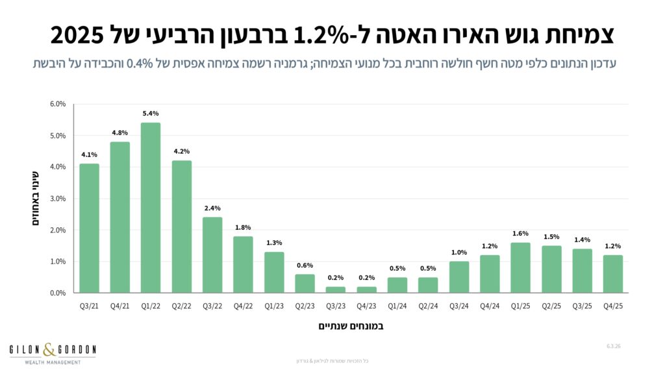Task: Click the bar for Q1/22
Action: (x=151, y=208)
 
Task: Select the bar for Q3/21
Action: (x=90, y=228)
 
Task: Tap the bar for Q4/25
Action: (x=612, y=273)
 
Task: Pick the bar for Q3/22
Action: (x=212, y=255)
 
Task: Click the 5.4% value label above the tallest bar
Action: (x=151, y=114)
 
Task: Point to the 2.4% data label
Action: (x=212, y=208)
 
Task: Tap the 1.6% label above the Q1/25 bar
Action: (x=520, y=234)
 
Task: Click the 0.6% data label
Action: (x=305, y=265)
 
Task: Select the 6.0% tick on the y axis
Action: (x=58, y=104)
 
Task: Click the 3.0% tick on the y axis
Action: (x=58, y=199)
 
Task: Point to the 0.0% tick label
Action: (x=58, y=293)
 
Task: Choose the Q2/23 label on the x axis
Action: (x=305, y=305)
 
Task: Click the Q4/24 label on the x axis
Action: (x=490, y=305)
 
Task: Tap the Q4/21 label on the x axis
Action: (x=120, y=305)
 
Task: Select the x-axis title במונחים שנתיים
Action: (x=351, y=326)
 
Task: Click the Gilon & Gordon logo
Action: (x=52, y=354)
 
